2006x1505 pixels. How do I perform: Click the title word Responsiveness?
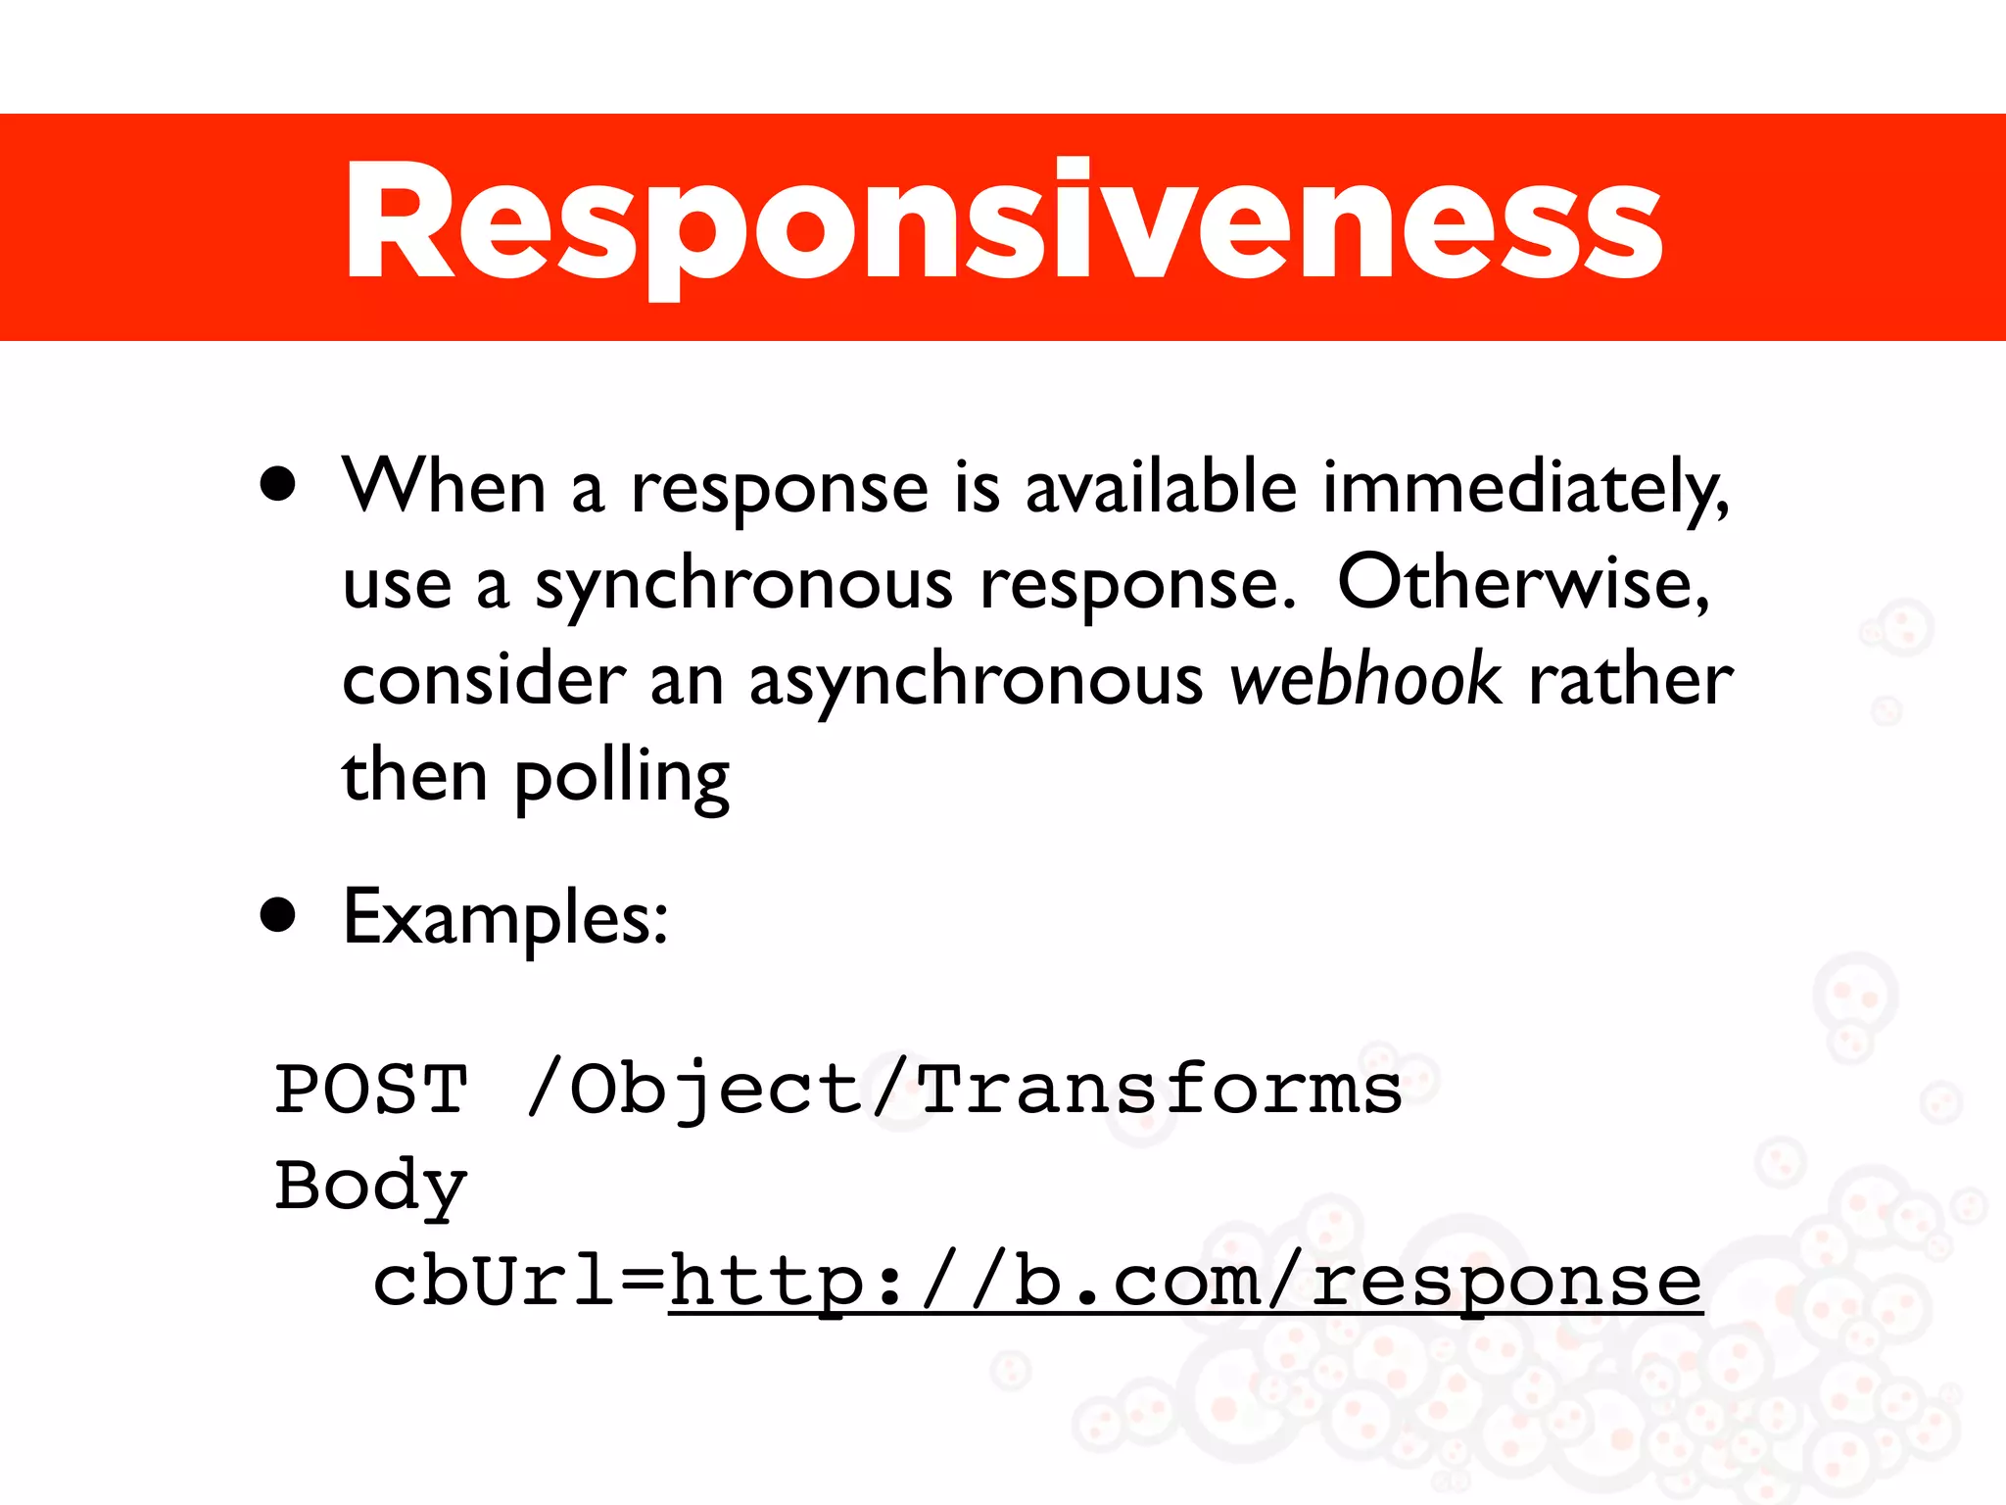[1003, 223]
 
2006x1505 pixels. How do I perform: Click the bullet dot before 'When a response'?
[278, 484]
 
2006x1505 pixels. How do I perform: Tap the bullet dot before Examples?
[278, 915]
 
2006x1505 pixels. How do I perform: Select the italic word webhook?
[1364, 679]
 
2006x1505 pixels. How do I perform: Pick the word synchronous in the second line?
[743, 585]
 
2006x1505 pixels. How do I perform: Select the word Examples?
[505, 918]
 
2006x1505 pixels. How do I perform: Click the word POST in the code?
[371, 1089]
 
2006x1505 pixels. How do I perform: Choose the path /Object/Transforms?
[965, 1091]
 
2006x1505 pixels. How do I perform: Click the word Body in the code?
[371, 1186]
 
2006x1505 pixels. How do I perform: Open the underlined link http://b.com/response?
[1185, 1281]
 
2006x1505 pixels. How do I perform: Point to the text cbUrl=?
[519, 1281]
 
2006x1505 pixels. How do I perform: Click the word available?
[1161, 487]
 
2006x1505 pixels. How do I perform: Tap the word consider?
[484, 679]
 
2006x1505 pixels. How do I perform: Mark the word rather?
[1630, 679]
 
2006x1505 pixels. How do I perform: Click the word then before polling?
[413, 775]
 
